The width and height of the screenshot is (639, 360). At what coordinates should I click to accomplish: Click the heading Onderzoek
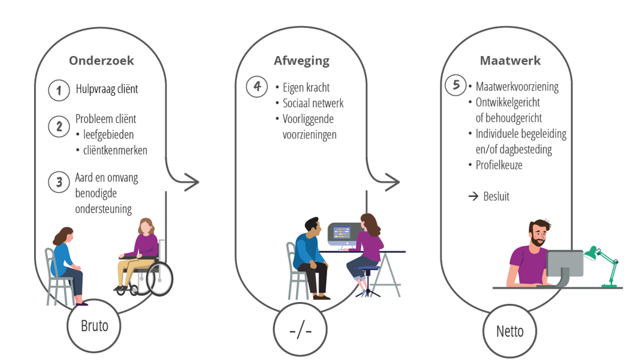(x=101, y=61)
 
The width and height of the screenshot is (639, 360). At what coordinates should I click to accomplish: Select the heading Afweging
(x=302, y=61)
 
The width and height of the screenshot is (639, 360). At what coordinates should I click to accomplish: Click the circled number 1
(x=59, y=90)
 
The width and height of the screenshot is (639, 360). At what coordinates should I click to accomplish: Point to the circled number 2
(x=59, y=127)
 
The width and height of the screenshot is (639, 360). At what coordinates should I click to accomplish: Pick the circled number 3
(x=59, y=182)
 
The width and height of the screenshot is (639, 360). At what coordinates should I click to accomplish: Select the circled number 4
(x=257, y=86)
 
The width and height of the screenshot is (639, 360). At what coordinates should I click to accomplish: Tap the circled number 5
(x=456, y=85)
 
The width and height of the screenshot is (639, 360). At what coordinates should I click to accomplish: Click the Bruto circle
(x=94, y=325)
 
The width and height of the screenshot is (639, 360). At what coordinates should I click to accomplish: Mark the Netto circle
(x=510, y=331)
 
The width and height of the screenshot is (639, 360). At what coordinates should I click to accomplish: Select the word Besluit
(x=496, y=197)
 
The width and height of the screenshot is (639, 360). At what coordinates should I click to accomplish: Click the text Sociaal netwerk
(x=313, y=103)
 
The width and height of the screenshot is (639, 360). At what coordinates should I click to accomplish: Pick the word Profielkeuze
(x=499, y=165)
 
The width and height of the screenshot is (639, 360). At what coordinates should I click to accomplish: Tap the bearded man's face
(x=538, y=235)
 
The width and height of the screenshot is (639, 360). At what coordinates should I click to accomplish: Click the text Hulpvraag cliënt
(x=107, y=90)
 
